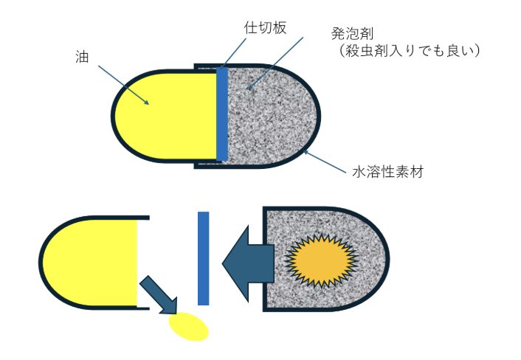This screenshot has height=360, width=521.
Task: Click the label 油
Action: [82, 56]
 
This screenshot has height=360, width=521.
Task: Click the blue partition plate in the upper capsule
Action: [222, 114]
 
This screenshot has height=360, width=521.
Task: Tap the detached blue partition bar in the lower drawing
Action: [204, 257]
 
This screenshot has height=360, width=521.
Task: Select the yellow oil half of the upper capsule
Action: [166, 114]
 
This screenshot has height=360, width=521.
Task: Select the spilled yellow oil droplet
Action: [189, 326]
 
